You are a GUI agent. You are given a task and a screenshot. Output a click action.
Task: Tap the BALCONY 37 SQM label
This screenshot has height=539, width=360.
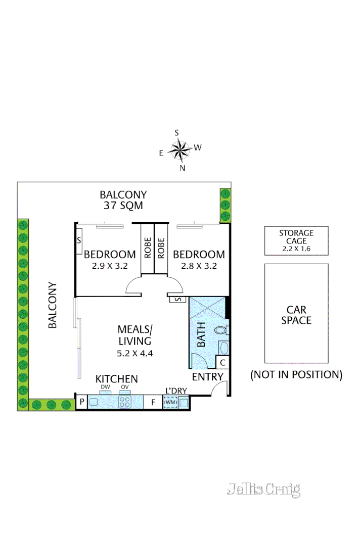(x=123, y=200)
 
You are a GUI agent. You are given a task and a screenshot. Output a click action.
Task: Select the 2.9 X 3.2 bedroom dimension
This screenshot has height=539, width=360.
(x=110, y=266)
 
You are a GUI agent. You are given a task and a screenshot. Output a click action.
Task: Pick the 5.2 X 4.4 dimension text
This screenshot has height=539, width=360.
(x=134, y=354)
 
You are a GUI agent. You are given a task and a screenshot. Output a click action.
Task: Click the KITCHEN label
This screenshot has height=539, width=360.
(x=117, y=379)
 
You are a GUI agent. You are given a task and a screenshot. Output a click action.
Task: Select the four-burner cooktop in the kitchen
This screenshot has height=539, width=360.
(x=125, y=402)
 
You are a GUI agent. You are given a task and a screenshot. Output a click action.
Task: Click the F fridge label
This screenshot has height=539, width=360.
(x=153, y=403)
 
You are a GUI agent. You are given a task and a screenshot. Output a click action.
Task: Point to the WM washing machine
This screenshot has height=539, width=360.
(x=170, y=403)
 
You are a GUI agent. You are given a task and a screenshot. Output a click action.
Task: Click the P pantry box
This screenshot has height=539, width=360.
(x=81, y=403)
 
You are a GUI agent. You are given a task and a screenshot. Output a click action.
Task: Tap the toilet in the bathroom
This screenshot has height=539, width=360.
(x=221, y=331)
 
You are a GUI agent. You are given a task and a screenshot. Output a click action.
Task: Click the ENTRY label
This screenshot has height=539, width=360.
(x=207, y=377)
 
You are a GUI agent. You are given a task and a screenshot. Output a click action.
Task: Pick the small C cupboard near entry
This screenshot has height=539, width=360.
(x=222, y=362)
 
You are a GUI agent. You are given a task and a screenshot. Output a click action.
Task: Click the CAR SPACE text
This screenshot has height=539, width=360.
(x=296, y=315)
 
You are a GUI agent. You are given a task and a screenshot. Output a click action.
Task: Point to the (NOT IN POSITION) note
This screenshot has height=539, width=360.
(x=296, y=375)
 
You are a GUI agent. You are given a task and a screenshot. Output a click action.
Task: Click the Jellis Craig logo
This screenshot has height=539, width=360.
(x=263, y=489)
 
